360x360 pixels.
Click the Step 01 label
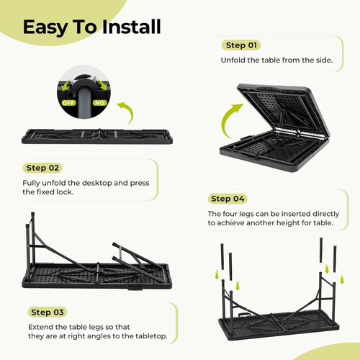pyautogui.click(x=241, y=45)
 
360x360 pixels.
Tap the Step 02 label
pyautogui.click(x=42, y=168)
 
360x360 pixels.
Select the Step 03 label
pyautogui.click(x=48, y=312)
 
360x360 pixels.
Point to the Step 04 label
pyautogui.click(x=228, y=199)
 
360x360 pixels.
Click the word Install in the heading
pyautogui.click(x=132, y=27)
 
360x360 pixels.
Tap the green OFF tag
pyautogui.click(x=69, y=103)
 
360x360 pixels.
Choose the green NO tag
pyautogui.click(x=99, y=103)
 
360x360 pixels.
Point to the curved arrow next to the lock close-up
pyautogui.click(x=128, y=110)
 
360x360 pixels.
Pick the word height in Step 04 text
pyautogui.click(x=288, y=222)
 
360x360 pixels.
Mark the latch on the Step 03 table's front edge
pyautogui.click(x=134, y=289)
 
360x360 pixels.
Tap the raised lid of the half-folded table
pyautogui.click(x=283, y=110)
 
